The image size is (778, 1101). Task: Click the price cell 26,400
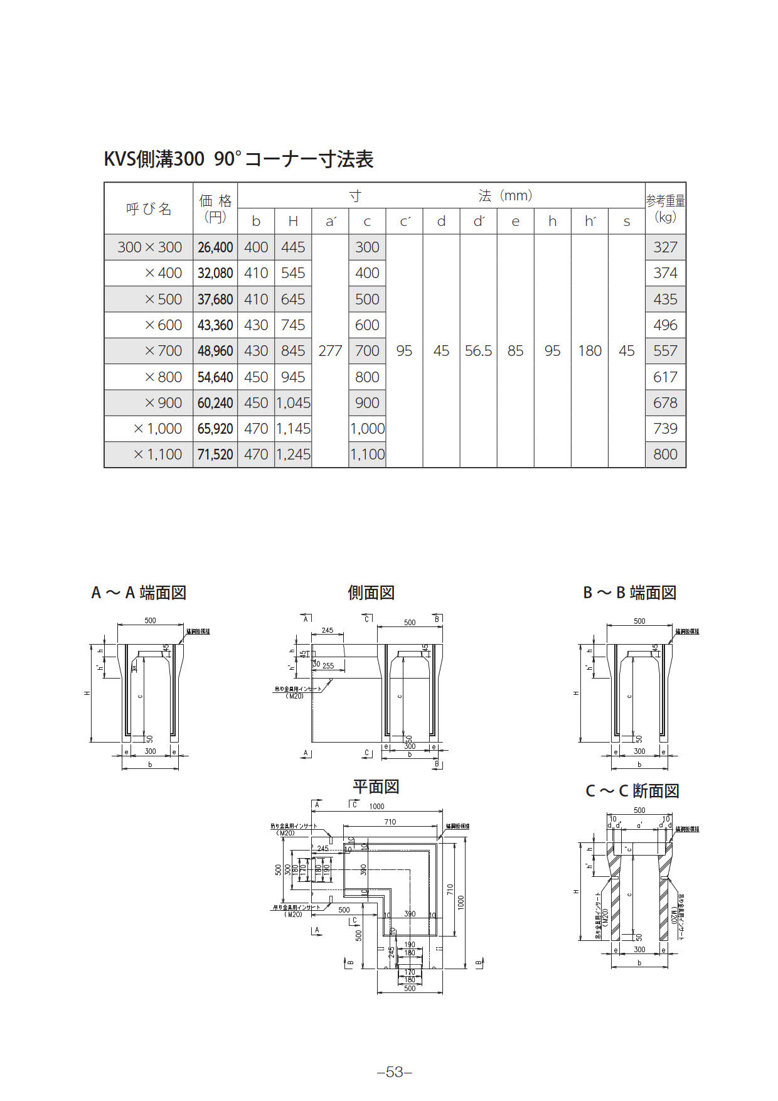pyautogui.click(x=215, y=247)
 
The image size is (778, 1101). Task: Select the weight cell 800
pyautogui.click(x=665, y=454)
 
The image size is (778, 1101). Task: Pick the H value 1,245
pyautogui.click(x=293, y=454)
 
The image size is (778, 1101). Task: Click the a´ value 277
pyautogui.click(x=330, y=351)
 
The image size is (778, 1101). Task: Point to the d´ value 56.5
pyautogui.click(x=478, y=351)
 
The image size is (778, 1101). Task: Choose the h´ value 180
pyautogui.click(x=590, y=351)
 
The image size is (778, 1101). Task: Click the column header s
pyautogui.click(x=626, y=222)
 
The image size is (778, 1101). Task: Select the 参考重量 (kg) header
pyautogui.click(x=665, y=208)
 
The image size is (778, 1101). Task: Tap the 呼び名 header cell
pyautogui.click(x=149, y=208)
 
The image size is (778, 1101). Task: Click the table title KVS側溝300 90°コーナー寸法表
pyautogui.click(x=238, y=159)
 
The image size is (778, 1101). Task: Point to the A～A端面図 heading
pyautogui.click(x=139, y=593)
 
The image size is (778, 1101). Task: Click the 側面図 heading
pyautogui.click(x=371, y=593)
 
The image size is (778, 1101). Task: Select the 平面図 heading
pyautogui.click(x=376, y=787)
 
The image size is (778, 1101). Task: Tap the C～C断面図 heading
pyautogui.click(x=632, y=791)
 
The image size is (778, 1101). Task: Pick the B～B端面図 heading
pyautogui.click(x=629, y=593)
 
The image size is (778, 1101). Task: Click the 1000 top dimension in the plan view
pyautogui.click(x=376, y=807)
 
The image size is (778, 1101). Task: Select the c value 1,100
pyautogui.click(x=367, y=454)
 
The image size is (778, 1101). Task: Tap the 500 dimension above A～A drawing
pyautogui.click(x=151, y=621)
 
